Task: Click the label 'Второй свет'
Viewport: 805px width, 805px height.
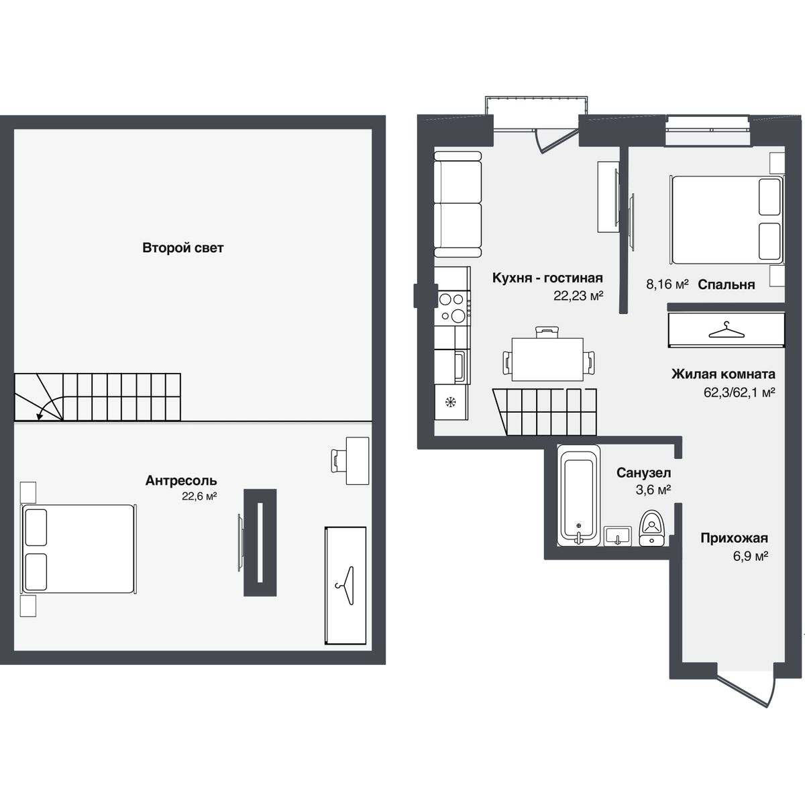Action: click(x=182, y=248)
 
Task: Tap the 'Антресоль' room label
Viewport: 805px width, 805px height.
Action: click(x=181, y=481)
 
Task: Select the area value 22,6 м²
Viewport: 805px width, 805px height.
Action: click(x=199, y=496)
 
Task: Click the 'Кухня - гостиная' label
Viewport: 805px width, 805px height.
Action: click(x=547, y=278)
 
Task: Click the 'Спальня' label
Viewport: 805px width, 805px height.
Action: click(x=726, y=284)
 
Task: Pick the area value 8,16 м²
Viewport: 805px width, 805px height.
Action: click(x=667, y=284)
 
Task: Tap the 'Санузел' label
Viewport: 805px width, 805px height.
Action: click(x=644, y=474)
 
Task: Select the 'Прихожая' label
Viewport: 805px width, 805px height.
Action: click(x=734, y=538)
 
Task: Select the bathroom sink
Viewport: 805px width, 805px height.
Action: click(x=617, y=536)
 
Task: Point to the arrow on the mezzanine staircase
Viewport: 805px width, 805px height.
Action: click(x=40, y=415)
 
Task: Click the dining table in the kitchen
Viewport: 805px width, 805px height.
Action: click(x=547, y=358)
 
